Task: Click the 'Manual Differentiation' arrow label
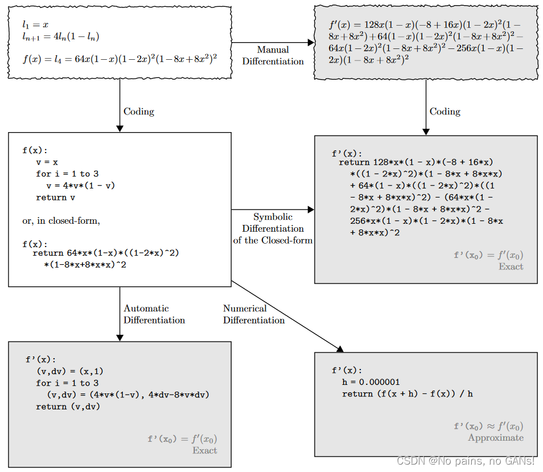(x=273, y=56)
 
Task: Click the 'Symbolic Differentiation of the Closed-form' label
(x=273, y=228)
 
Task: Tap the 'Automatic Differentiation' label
(x=154, y=314)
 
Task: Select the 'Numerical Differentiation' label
(x=253, y=314)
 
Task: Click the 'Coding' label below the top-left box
(x=139, y=112)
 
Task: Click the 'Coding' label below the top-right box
(x=445, y=112)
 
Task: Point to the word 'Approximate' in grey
(x=495, y=438)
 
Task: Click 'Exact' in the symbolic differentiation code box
(x=511, y=266)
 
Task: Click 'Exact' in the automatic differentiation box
(x=204, y=450)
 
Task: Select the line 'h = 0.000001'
(x=371, y=382)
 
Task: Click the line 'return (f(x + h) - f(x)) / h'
(x=407, y=394)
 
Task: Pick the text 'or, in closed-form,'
(x=61, y=221)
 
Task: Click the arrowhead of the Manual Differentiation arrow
(x=311, y=43)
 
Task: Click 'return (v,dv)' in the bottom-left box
(x=68, y=407)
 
